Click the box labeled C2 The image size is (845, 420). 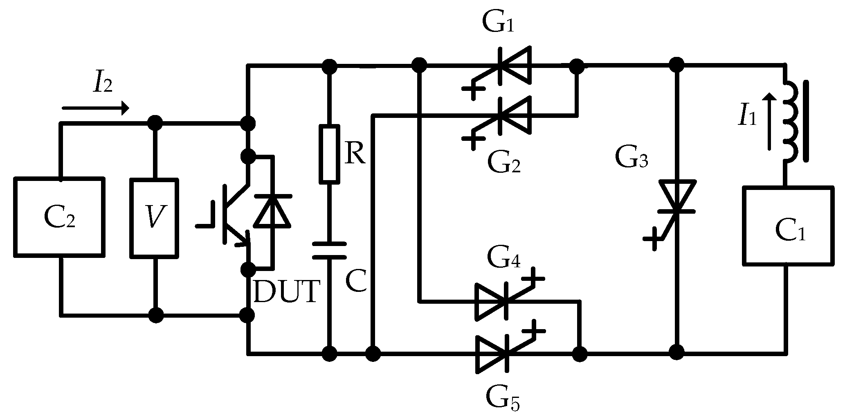pyautogui.click(x=59, y=217)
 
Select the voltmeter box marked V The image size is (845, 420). pyautogui.click(x=154, y=218)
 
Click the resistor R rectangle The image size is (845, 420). pyautogui.click(x=329, y=154)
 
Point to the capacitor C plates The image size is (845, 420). pyautogui.click(x=329, y=251)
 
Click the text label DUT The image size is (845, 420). pyautogui.click(x=285, y=291)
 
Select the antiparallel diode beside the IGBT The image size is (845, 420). pyautogui.click(x=272, y=211)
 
